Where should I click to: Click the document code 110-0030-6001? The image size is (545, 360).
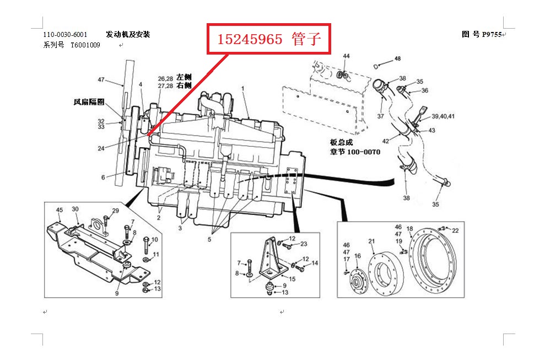click(65, 35)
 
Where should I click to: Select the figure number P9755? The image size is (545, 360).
click(491, 34)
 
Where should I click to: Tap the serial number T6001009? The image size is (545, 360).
click(85, 45)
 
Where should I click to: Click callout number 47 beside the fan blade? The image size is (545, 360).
click(101, 80)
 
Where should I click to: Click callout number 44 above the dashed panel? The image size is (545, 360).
click(346, 56)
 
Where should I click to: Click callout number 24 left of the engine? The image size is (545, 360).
click(101, 148)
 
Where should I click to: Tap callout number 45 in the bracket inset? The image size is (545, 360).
click(60, 209)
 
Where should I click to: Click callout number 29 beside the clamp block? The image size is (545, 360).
click(115, 211)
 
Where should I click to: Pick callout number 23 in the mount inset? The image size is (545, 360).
click(303, 244)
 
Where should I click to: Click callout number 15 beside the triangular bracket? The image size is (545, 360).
click(292, 279)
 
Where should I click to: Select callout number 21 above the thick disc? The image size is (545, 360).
click(371, 241)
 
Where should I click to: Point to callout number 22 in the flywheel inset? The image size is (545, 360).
click(455, 230)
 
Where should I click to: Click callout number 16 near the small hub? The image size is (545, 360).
click(357, 256)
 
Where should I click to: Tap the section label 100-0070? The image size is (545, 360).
click(363, 152)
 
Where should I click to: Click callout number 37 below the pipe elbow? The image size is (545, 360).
click(380, 116)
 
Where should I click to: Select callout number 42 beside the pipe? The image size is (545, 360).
click(385, 141)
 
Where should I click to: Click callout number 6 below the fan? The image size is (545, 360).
click(102, 178)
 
